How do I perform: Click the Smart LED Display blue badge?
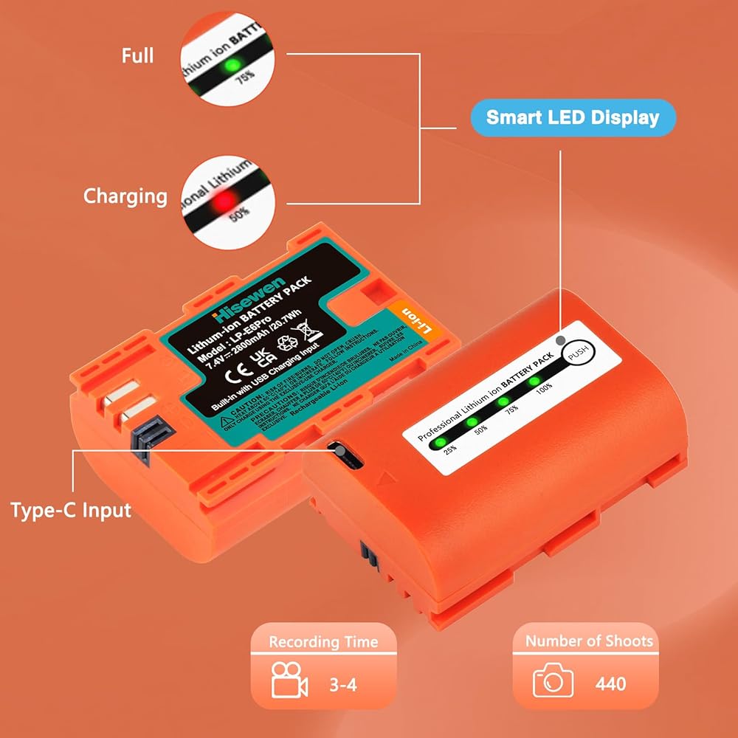point(573,117)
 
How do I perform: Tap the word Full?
point(137,55)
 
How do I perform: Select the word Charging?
point(125,196)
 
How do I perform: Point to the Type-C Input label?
point(71,509)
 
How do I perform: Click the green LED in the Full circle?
point(231,66)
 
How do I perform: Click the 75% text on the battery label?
point(512,408)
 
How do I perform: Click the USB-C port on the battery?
point(341,452)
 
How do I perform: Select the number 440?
point(610,683)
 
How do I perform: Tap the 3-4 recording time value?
point(342,684)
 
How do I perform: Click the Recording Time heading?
point(323,642)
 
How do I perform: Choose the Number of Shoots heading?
point(588,641)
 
